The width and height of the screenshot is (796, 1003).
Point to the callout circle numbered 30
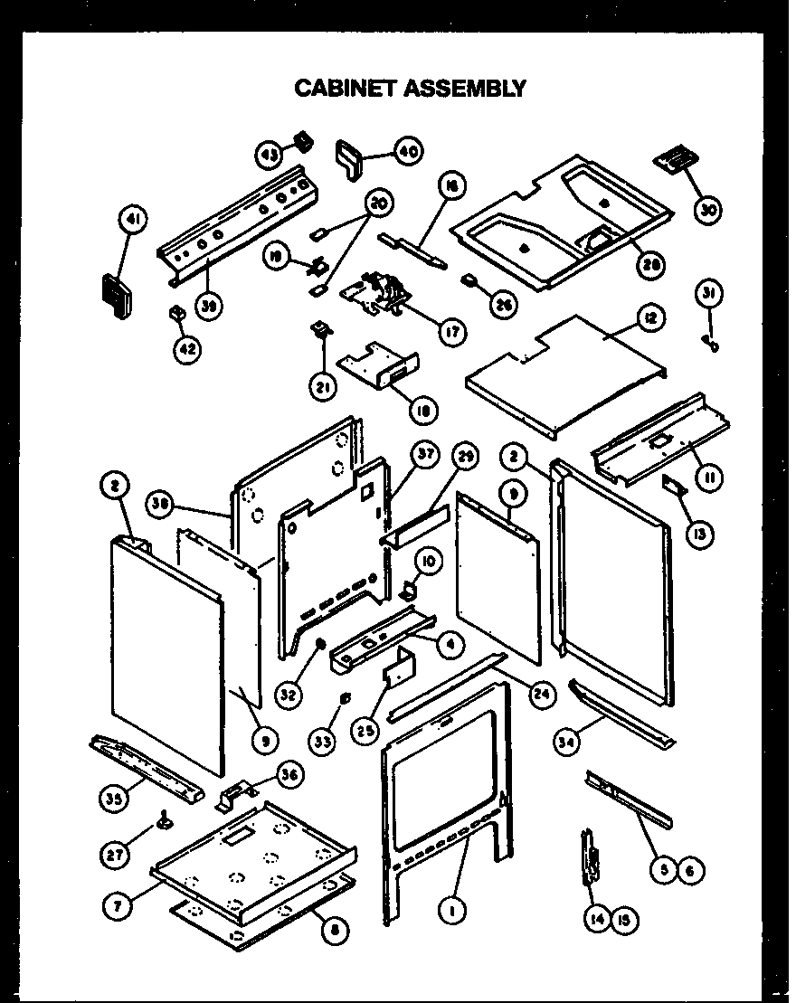(x=712, y=209)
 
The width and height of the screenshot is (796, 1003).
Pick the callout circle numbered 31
(x=711, y=293)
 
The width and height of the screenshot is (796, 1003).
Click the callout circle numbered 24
(x=542, y=695)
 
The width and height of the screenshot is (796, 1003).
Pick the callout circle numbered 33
(x=324, y=741)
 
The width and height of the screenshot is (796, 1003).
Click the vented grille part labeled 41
(x=114, y=295)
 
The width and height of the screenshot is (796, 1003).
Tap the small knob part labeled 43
(x=302, y=141)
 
